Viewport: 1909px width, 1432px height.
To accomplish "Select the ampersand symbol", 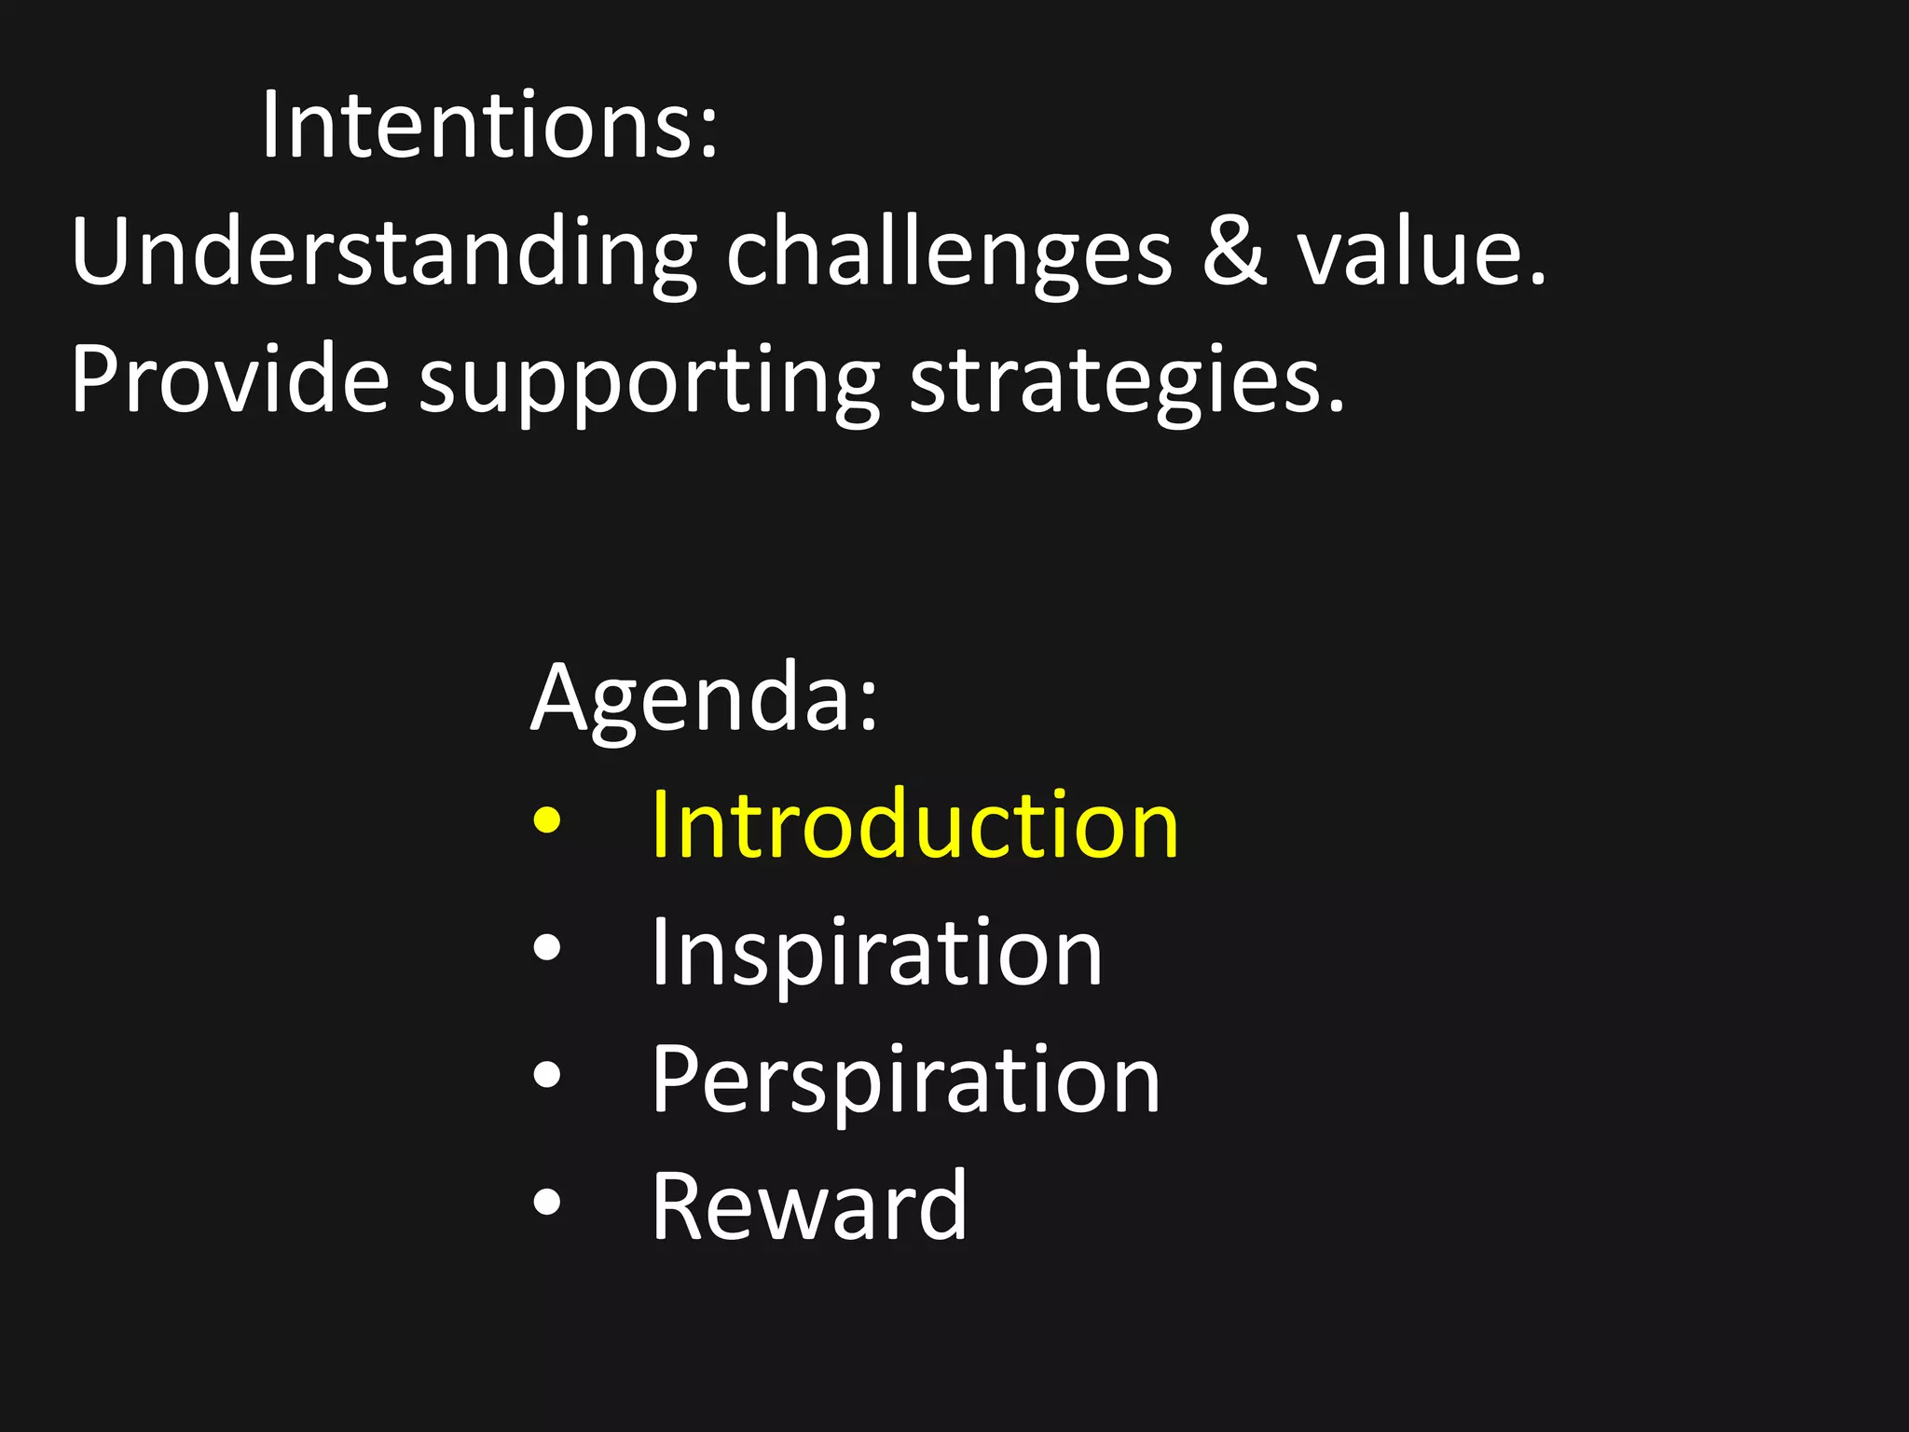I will (1234, 252).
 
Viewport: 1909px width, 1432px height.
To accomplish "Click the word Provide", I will (229, 379).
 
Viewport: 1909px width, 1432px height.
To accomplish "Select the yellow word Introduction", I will (914, 824).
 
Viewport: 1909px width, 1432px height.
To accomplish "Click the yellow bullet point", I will (547, 821).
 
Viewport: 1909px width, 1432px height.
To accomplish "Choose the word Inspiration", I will (876, 953).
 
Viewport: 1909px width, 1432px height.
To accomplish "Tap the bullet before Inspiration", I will (547, 948).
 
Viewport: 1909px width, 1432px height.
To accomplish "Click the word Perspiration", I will (905, 1080).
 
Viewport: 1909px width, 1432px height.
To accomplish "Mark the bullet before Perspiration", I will (547, 1075).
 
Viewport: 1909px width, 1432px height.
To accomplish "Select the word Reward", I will (808, 1206).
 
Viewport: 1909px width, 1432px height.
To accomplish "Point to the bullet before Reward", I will (547, 1203).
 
